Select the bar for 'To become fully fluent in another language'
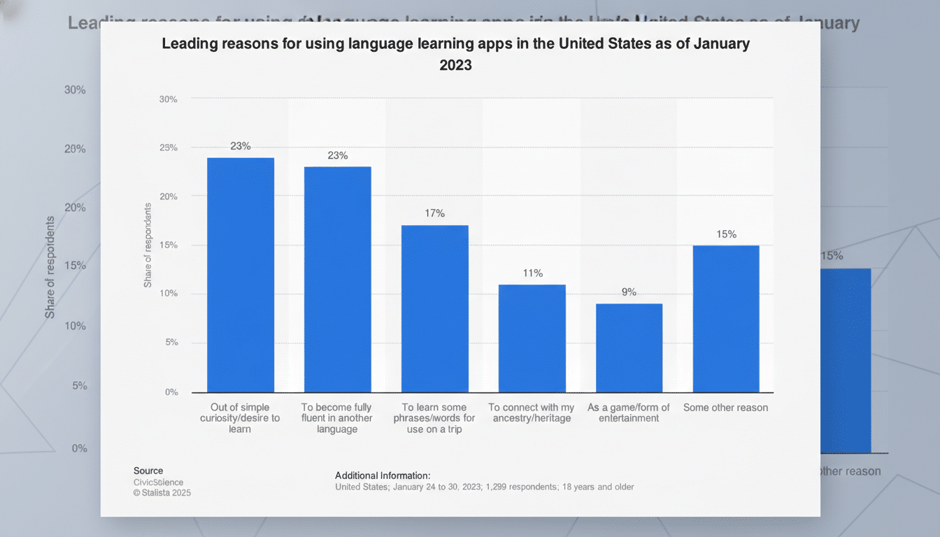338,280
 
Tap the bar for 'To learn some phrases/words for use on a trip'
434,308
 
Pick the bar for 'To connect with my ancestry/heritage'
532,338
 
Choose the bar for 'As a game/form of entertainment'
629,348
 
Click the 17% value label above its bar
434,213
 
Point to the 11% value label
532,273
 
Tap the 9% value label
629,292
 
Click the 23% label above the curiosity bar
241,146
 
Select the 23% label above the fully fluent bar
338,155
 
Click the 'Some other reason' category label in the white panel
725,408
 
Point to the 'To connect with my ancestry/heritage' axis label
532,413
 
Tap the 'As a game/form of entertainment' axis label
629,413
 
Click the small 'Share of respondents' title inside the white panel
148,245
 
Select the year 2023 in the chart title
455,65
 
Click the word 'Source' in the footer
148,471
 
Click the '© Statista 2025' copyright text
162,492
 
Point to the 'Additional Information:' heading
383,475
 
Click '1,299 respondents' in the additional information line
513,487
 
